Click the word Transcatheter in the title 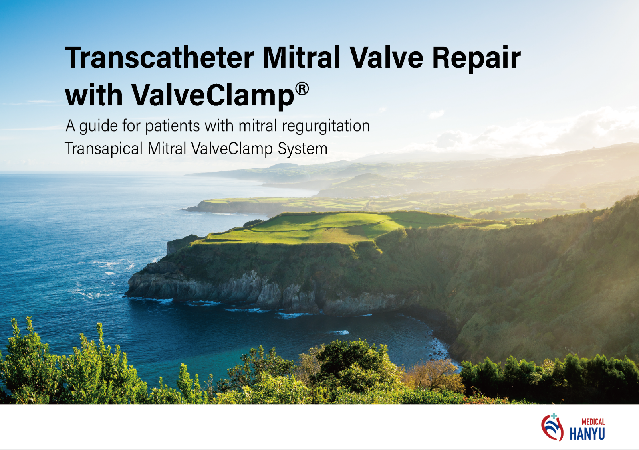(x=159, y=57)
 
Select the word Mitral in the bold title (x=301, y=57)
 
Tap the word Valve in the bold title (x=386, y=57)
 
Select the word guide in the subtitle (x=98, y=126)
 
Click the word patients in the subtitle (x=172, y=126)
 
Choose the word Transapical (x=104, y=149)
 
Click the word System (x=302, y=149)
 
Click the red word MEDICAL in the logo (x=593, y=422)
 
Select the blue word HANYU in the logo (x=587, y=434)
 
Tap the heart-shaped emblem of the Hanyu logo (x=552, y=428)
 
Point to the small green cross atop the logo (x=554, y=416)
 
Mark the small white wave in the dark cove (x=339, y=332)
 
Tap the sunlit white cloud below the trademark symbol (x=437, y=114)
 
